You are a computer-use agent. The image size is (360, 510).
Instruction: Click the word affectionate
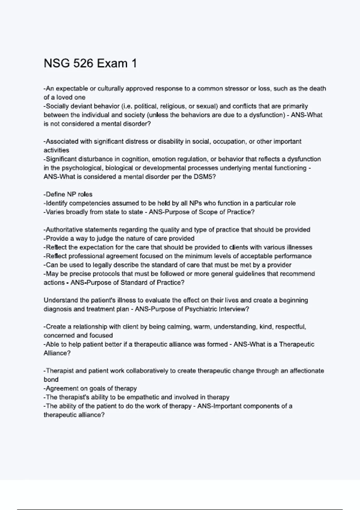pyautogui.click(x=306, y=371)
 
